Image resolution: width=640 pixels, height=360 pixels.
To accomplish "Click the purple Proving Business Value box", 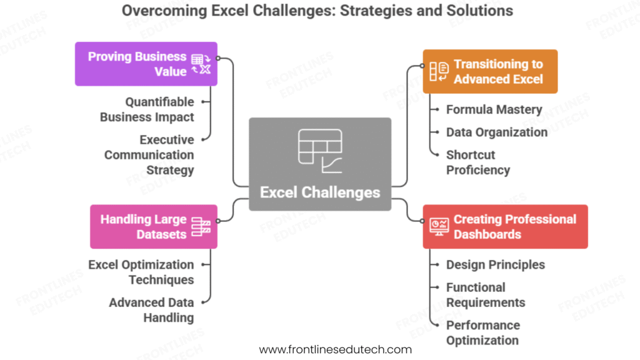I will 146,64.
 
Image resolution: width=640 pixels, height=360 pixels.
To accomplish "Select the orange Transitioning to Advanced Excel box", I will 490,71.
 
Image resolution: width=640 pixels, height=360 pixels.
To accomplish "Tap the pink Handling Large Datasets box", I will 153,227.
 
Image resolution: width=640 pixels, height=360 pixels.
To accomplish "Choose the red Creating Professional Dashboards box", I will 505,227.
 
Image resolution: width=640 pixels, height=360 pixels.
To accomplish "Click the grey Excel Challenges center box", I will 320,164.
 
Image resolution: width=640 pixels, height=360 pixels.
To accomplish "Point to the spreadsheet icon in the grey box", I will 320,151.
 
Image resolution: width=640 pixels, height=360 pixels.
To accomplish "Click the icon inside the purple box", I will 201,64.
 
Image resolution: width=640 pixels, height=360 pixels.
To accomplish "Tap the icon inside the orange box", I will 439,71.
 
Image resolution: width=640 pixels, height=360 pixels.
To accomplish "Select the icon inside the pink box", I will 201,227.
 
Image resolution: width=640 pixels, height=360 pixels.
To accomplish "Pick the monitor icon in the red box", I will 439,227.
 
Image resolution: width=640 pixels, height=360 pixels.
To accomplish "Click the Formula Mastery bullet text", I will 494,109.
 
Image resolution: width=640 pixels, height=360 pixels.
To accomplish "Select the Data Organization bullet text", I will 496,132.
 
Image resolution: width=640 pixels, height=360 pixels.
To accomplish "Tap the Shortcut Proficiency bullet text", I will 478,162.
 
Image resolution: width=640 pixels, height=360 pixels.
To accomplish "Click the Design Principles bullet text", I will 495,264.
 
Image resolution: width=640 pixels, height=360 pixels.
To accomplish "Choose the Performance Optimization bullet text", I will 482,332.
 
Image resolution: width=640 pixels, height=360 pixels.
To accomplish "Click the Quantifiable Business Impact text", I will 147,109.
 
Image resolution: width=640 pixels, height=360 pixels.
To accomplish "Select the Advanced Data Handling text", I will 151,309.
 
